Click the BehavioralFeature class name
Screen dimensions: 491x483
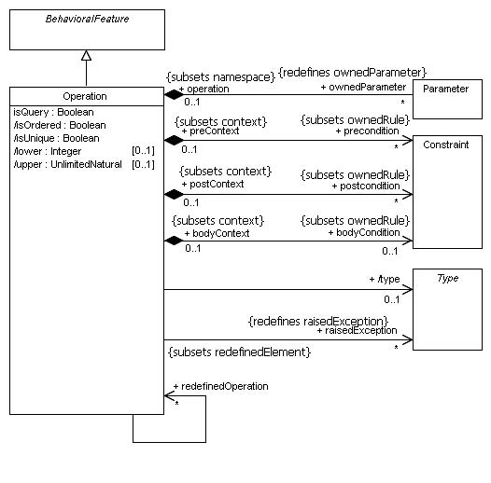click(87, 19)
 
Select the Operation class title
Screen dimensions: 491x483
click(85, 96)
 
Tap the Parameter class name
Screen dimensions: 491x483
click(445, 89)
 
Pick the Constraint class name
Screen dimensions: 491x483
click(446, 145)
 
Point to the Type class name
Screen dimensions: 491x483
click(448, 278)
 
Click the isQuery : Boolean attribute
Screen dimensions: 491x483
click(53, 112)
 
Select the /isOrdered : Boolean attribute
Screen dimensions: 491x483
click(60, 125)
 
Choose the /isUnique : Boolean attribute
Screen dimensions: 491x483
click(56, 138)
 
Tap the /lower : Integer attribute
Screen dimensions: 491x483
click(48, 151)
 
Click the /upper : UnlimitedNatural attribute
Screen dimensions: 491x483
click(67, 164)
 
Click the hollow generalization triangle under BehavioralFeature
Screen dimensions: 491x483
click(86, 55)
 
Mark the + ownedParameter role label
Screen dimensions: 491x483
click(363, 87)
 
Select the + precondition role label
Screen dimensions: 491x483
click(367, 131)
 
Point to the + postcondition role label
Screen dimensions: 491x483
click(366, 186)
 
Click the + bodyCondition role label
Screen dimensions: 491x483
click(364, 233)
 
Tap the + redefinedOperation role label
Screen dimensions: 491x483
click(220, 386)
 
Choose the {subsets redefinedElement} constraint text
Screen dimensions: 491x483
click(240, 352)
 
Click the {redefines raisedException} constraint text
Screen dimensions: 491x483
click(318, 322)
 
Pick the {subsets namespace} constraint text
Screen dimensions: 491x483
click(220, 77)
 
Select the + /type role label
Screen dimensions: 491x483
click(385, 280)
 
